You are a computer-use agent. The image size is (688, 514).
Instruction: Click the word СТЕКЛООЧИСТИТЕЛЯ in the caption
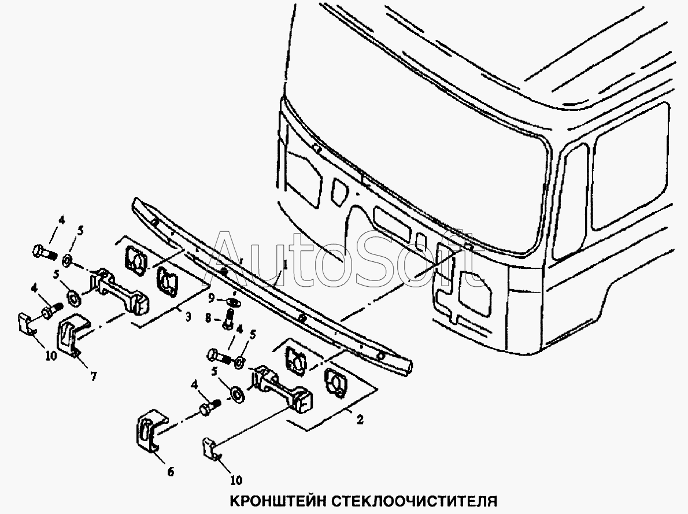tap(414, 501)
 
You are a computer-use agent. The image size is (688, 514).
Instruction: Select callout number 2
tap(360, 420)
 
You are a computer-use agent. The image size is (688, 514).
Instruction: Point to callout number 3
tap(188, 316)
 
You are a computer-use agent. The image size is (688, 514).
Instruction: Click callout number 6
tap(171, 472)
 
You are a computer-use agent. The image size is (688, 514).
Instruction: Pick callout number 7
tap(94, 376)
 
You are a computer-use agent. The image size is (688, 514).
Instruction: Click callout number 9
tap(212, 298)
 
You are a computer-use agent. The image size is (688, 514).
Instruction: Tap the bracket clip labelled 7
tap(72, 336)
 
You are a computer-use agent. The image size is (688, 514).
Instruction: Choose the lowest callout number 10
tap(236, 480)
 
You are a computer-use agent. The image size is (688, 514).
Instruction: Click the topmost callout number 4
tap(61, 220)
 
